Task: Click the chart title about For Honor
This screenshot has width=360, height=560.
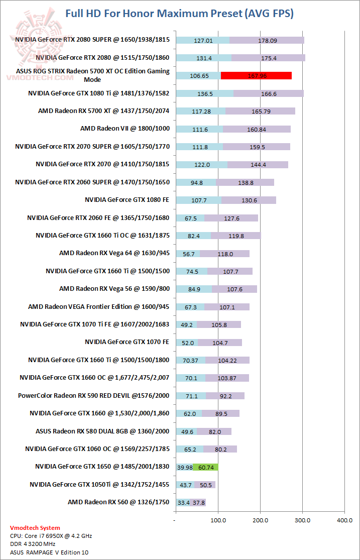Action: coord(180,14)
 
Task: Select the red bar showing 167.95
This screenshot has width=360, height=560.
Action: coord(256,76)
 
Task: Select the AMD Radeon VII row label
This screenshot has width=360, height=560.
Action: coord(125,129)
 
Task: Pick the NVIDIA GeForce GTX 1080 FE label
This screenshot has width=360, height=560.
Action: coord(128,200)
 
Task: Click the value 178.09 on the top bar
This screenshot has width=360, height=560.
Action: coord(267,40)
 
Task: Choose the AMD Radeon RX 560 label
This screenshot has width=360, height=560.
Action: coord(118,502)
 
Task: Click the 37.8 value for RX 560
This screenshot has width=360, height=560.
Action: coord(198,502)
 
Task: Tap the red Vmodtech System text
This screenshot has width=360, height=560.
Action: coord(35,528)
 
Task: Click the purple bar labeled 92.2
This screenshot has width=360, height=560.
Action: coord(225,396)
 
